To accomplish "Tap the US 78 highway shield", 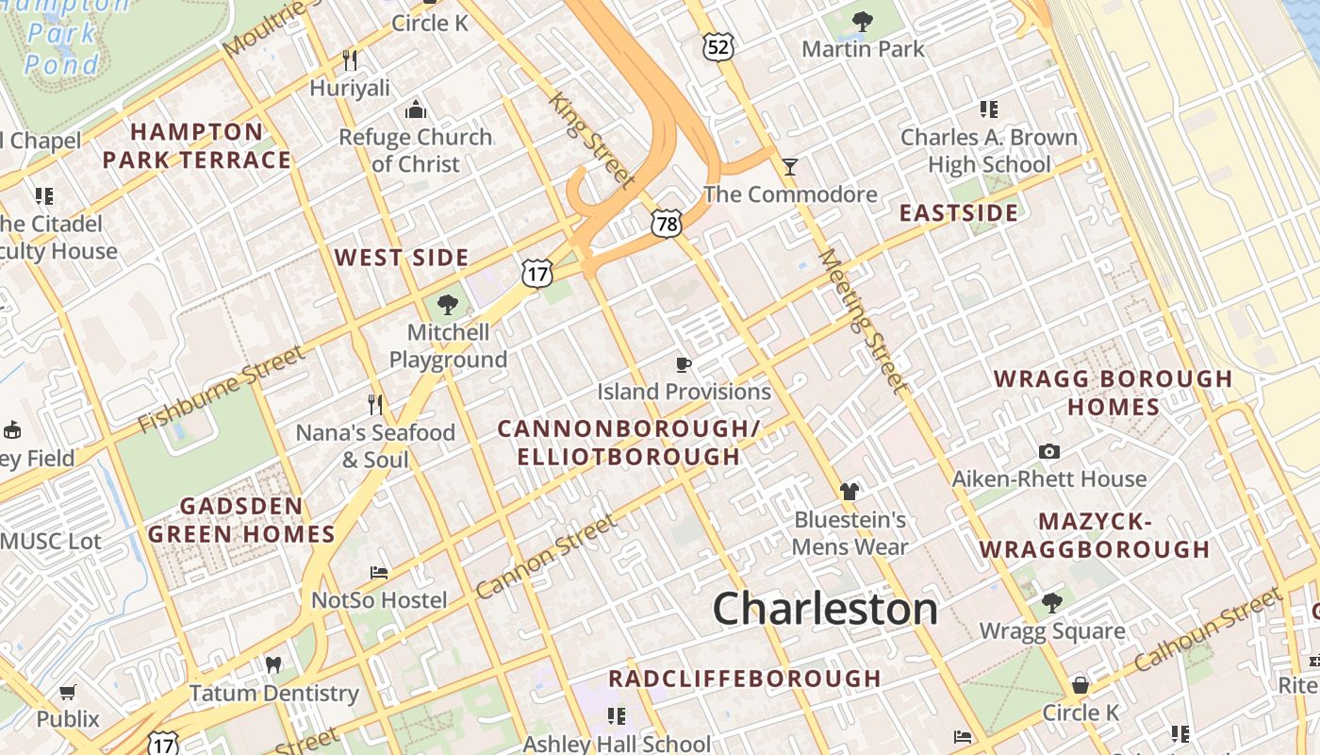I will point(667,223).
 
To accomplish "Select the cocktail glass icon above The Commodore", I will point(790,167).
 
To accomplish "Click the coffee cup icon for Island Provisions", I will point(684,364).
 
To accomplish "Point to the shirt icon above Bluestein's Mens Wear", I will point(850,492).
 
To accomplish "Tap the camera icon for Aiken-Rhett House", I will point(1048,452).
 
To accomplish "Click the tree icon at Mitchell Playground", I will point(448,304).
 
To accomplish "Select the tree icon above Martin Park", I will point(862,21).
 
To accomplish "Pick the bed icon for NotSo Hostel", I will point(379,573).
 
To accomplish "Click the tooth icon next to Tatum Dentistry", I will point(274,664).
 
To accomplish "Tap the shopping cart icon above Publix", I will point(68,692).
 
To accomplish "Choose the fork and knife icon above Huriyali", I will point(350,60).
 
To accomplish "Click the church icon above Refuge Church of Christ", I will point(415,110).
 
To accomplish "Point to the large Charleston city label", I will point(825,609).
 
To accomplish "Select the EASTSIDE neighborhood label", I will point(958,212).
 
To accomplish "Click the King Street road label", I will point(592,139).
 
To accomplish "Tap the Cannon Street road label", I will point(546,557).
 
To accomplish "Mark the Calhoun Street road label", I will point(1208,629).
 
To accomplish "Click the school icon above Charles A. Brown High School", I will point(988,109).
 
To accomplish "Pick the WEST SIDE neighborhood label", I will point(402,258).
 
